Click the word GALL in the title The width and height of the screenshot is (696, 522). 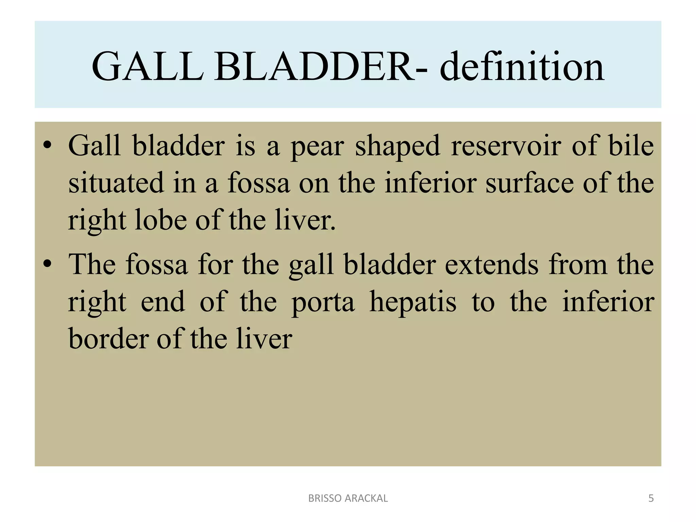pos(148,67)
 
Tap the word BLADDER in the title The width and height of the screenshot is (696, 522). pos(314,67)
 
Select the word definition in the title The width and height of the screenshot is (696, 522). pos(522,67)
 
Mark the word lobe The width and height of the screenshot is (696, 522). pos(161,220)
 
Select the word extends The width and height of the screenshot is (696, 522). pos(491,264)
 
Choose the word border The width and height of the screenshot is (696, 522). pos(109,339)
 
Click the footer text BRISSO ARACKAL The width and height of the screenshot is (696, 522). pos(348,498)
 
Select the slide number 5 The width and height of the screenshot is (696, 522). pos(651,498)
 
